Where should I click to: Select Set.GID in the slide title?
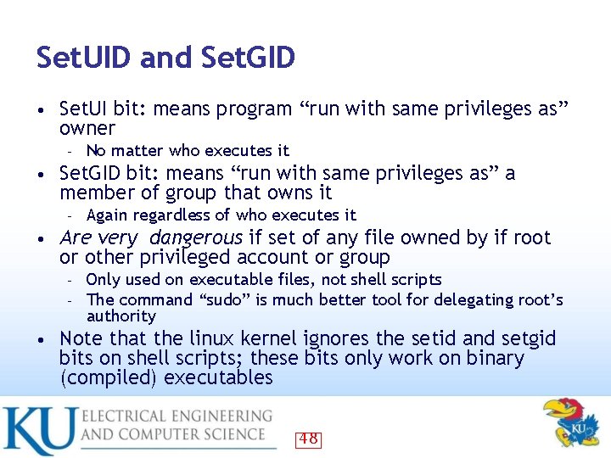coord(249,58)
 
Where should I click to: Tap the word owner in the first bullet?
coord(87,128)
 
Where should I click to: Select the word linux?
coord(198,338)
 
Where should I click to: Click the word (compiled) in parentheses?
coord(108,377)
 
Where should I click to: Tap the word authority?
coord(121,316)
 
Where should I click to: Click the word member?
coord(94,193)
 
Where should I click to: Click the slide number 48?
coord(308,438)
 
